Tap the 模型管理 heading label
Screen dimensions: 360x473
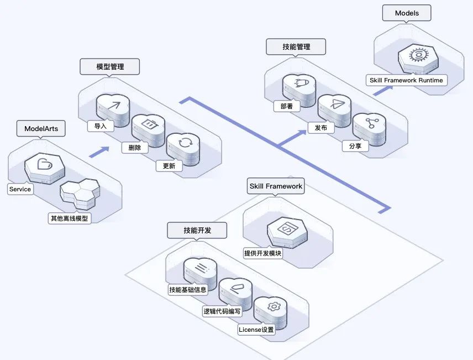[109, 67]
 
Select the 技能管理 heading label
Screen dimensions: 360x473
[296, 47]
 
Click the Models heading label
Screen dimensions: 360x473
[407, 13]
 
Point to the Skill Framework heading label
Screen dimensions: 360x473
[276, 186]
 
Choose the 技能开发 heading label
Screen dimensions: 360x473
[197, 230]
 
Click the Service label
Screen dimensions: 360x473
[20, 189]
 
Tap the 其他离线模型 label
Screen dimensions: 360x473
[69, 218]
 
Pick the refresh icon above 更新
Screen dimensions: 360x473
[185, 144]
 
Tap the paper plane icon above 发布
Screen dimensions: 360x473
[334, 103]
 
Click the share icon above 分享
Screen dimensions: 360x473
[369, 123]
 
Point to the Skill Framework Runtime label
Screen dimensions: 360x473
[406, 80]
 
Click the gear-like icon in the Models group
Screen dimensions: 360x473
[416, 56]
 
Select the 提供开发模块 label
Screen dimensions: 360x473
[263, 254]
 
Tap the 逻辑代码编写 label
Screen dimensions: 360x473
[222, 311]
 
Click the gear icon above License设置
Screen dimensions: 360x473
[272, 306]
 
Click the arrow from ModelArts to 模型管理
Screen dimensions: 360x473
[98, 151]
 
